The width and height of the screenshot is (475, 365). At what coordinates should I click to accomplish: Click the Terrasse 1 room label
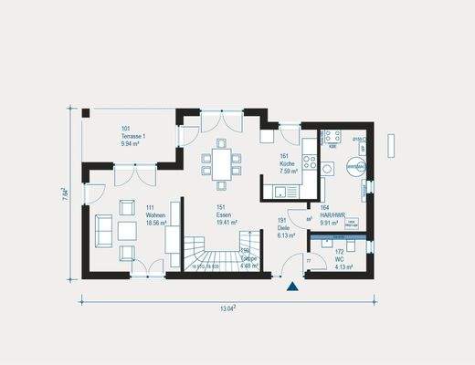pyautogui.click(x=134, y=134)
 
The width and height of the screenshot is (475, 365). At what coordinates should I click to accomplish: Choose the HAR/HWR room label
pyautogui.click(x=331, y=214)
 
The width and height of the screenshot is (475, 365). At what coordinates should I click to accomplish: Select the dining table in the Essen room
pyautogui.click(x=221, y=163)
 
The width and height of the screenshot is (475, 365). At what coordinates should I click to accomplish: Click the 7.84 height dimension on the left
pyautogui.click(x=66, y=194)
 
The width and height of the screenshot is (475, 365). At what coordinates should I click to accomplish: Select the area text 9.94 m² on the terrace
pyautogui.click(x=134, y=143)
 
